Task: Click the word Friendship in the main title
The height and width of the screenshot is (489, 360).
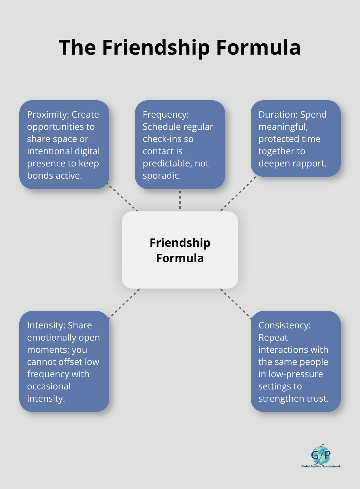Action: tap(156, 48)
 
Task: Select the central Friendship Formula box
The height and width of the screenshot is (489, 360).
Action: tap(180, 250)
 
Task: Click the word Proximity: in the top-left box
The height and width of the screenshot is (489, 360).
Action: tap(48, 114)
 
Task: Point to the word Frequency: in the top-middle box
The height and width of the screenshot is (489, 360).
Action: tap(166, 114)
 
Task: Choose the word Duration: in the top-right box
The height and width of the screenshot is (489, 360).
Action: tap(278, 114)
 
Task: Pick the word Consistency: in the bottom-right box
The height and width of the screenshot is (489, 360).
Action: tap(284, 325)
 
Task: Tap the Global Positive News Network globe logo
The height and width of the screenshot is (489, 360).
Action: tap(321, 454)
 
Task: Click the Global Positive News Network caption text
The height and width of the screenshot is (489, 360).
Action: tap(321, 466)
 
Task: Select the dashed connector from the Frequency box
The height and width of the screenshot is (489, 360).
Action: tap(180, 200)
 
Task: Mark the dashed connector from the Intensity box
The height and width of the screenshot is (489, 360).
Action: tap(124, 304)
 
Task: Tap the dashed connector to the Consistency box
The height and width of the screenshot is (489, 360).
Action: tap(236, 304)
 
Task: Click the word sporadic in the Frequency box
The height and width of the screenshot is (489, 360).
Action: tap(161, 175)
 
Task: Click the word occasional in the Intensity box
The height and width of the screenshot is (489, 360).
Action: tap(49, 386)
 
